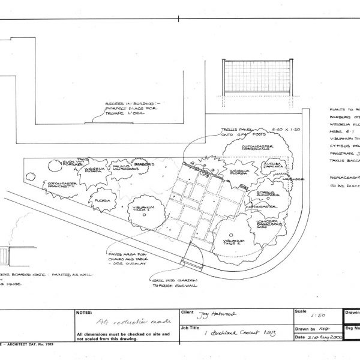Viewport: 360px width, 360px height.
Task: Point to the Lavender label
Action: [293, 179]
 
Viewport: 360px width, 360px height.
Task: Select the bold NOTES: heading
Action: [84, 313]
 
